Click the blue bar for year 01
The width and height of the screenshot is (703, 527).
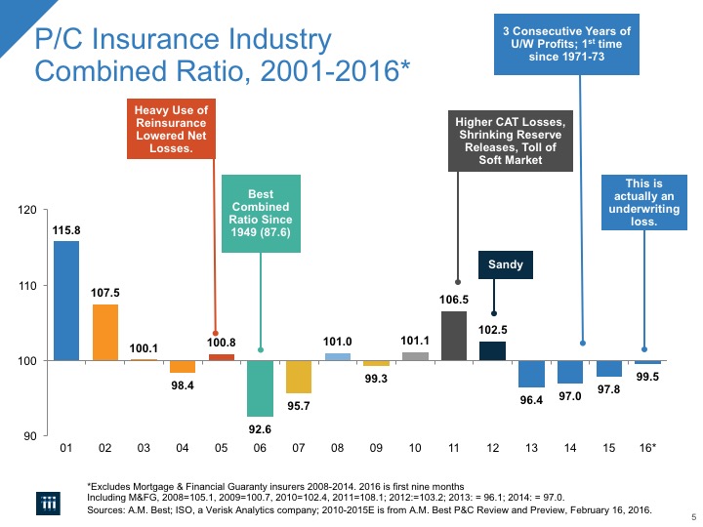pos(66,301)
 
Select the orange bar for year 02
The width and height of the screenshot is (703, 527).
pos(105,332)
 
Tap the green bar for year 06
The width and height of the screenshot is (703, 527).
pos(260,388)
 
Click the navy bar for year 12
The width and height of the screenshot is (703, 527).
pos(492,350)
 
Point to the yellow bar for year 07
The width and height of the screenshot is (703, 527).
pos(299,377)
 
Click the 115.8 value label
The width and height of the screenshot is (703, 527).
pos(66,229)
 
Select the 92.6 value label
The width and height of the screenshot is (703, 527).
pos(260,427)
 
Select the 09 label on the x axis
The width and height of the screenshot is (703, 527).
pos(376,448)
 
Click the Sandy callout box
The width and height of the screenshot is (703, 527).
pos(505,264)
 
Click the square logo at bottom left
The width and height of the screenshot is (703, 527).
pos(49,503)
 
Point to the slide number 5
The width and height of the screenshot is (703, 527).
pos(692,516)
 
